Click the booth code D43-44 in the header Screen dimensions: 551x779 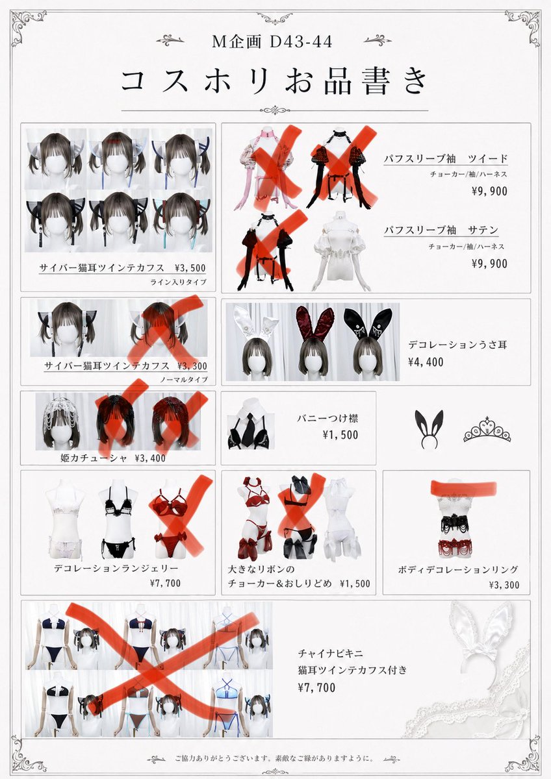click(x=301, y=42)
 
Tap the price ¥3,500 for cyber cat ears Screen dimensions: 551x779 click(x=190, y=267)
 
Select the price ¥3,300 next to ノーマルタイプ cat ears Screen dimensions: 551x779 click(x=192, y=366)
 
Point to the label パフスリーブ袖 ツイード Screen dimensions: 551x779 click(x=446, y=159)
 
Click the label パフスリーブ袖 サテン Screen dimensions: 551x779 click(x=441, y=230)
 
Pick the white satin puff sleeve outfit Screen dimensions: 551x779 click(x=342, y=251)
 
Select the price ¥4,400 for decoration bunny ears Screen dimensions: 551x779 click(x=426, y=362)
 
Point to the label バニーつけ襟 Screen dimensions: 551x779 click(x=327, y=418)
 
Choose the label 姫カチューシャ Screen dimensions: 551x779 click(x=94, y=458)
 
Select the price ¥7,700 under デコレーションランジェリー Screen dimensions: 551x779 click(x=165, y=583)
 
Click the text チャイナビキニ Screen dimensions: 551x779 click(x=330, y=654)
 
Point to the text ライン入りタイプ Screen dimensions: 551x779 click(x=178, y=282)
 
